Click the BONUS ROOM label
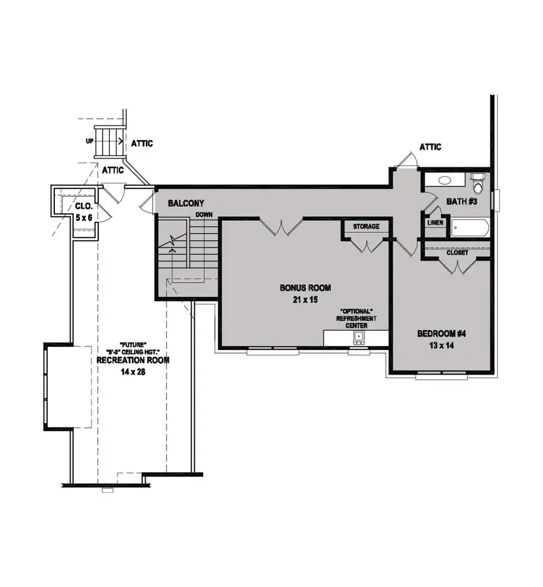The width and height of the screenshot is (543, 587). (x=305, y=288)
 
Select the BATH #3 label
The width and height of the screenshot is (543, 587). (x=462, y=201)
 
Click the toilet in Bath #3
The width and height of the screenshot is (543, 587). (x=478, y=181)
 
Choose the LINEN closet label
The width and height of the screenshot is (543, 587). (x=436, y=223)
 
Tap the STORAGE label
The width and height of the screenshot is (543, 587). (x=366, y=227)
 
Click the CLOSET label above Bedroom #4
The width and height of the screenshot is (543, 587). (x=457, y=253)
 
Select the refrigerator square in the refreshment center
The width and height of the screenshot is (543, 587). (x=359, y=337)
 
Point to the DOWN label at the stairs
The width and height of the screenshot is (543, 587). (x=204, y=214)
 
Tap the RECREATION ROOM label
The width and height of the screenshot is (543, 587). (x=133, y=360)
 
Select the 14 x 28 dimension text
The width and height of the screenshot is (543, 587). (x=133, y=372)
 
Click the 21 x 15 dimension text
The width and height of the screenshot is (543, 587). (x=305, y=299)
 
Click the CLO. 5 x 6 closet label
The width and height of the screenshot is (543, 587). (x=84, y=211)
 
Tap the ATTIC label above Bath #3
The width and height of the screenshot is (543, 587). (x=430, y=147)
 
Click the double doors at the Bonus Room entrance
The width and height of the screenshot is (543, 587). (x=281, y=227)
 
